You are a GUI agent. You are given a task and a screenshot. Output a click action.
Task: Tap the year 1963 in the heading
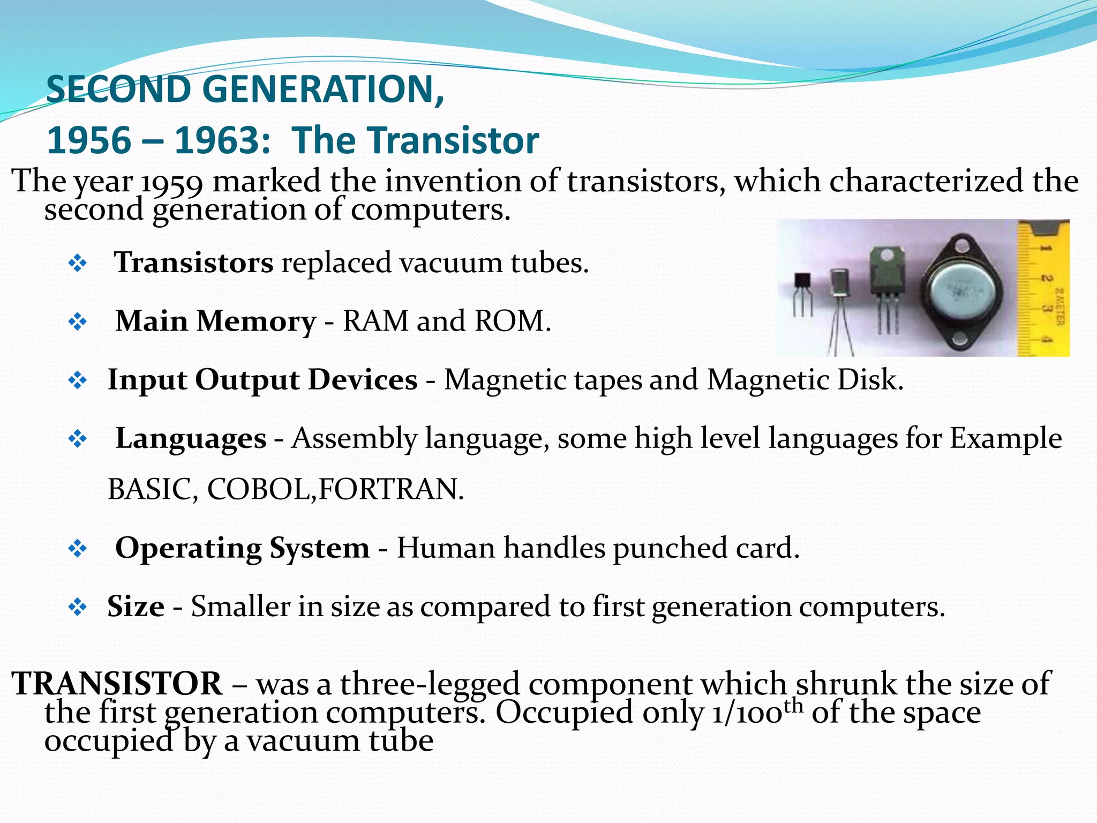tap(222, 140)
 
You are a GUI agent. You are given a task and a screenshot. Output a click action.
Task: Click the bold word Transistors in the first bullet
tap(194, 263)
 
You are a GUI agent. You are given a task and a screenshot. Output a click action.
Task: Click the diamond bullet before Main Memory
tap(78, 322)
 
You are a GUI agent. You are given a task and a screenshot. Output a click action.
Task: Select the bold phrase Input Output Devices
tap(262, 380)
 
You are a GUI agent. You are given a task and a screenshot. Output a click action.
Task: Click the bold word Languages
tap(191, 439)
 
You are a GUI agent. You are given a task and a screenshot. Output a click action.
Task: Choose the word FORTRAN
tap(390, 489)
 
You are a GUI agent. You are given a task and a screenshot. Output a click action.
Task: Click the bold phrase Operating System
tap(242, 548)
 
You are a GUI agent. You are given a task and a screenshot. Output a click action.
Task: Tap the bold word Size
tap(136, 607)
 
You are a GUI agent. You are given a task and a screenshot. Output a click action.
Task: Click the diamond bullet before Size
tap(78, 607)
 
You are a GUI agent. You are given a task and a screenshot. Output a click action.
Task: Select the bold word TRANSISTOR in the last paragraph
tap(117, 684)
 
